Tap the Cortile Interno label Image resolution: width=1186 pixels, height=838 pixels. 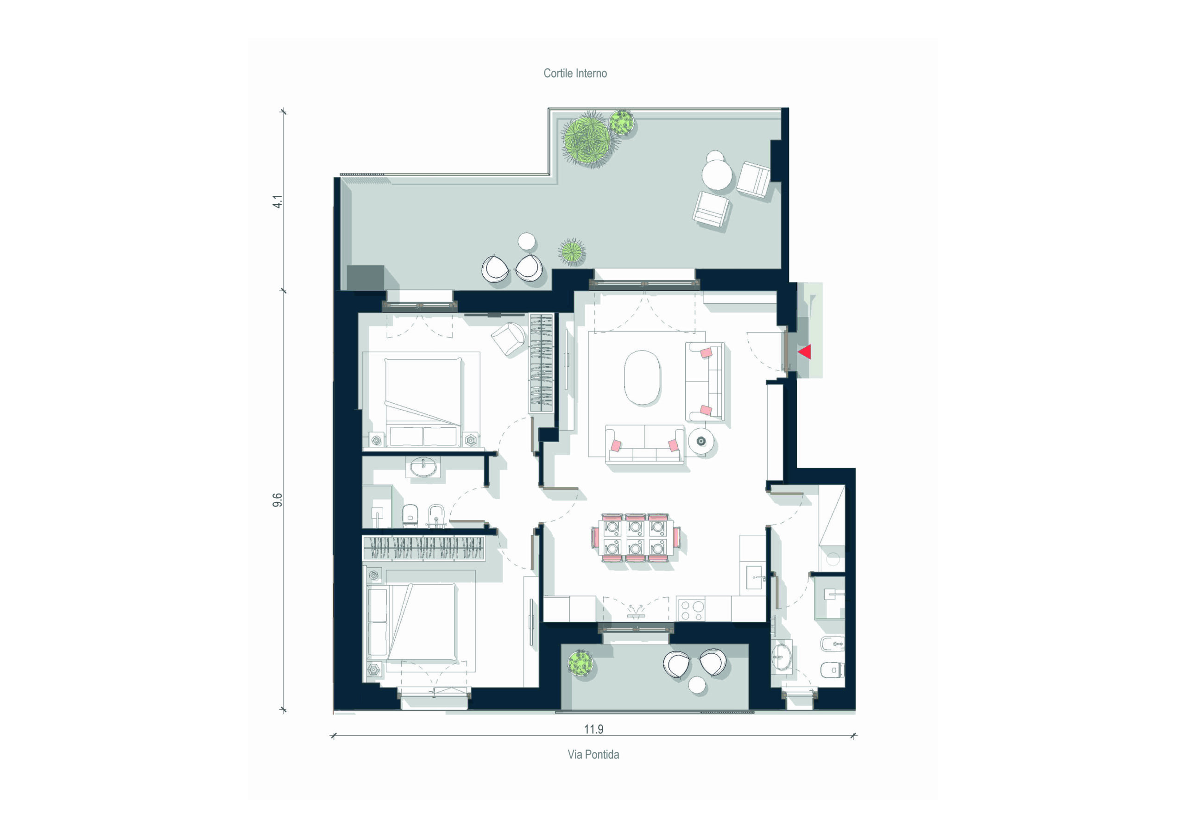575,73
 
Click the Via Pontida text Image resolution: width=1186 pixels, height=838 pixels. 593,754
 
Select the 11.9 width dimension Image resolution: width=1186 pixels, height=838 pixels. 593,729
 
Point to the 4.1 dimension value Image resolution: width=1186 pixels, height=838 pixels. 278,201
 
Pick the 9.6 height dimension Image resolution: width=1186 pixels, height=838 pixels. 278,500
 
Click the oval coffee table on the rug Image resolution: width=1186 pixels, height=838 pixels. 642,377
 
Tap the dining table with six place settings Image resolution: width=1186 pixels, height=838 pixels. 635,537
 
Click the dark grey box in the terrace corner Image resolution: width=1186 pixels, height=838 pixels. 365,278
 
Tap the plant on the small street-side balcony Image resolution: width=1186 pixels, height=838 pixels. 580,663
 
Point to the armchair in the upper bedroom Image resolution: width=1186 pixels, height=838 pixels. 509,339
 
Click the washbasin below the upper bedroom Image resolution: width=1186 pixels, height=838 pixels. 423,468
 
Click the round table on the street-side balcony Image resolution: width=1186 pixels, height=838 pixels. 697,685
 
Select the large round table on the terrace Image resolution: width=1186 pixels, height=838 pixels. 716,175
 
